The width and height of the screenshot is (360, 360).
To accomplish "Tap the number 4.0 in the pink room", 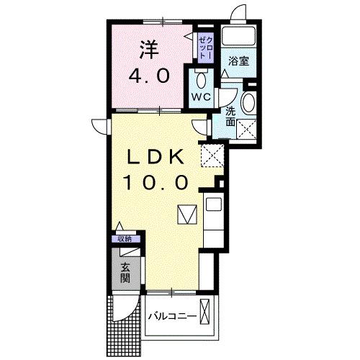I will pyautogui.click(x=148, y=76).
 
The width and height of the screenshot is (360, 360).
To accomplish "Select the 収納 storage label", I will pyautogui.click(x=125, y=239).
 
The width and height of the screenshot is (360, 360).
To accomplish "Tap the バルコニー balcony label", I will pyautogui.click(x=172, y=317).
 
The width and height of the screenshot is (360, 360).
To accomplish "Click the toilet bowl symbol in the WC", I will pyautogui.click(x=201, y=79).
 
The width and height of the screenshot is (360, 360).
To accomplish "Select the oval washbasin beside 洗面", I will pyautogui.click(x=248, y=103).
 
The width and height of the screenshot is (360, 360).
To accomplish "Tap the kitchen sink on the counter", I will pyautogui.click(x=215, y=204).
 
